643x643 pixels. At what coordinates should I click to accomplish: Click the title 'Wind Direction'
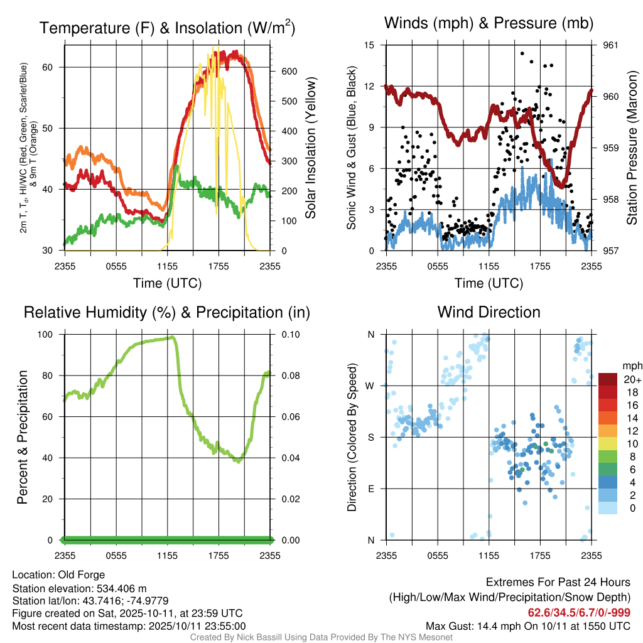pos(489,312)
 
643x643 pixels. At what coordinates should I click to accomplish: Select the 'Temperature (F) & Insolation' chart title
pos(167,28)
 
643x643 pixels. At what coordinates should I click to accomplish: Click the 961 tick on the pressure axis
pos(610,45)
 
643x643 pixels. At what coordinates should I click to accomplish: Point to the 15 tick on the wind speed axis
pos(369,45)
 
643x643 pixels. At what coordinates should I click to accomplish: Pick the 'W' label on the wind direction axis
pos(370,386)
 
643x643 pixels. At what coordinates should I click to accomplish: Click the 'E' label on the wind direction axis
pos(370,489)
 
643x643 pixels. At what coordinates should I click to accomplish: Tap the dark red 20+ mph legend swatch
pos(608,379)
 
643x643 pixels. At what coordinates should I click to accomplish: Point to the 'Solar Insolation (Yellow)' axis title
pos(311,148)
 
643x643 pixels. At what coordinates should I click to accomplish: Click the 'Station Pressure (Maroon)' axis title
pos(632,148)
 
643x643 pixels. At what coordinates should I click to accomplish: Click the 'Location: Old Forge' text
pos(58,575)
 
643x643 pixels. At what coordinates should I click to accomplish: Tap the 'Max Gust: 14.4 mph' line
pos(528,626)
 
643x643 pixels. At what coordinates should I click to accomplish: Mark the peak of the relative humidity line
pos(171,337)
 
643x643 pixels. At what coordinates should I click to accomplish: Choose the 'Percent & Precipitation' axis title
pos(23,437)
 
